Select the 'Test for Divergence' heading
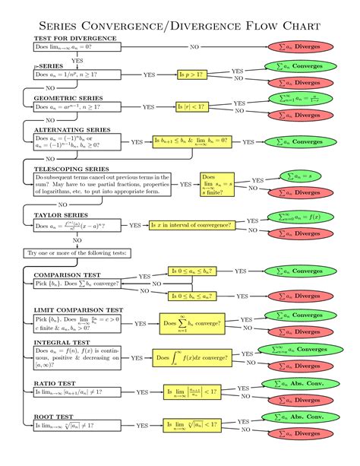pos(74,38)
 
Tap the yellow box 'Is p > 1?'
pos(192,74)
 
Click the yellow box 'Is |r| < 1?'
pos(192,106)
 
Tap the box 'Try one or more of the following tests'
pos(77,252)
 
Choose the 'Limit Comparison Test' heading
pos(78,310)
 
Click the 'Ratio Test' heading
pos(55,383)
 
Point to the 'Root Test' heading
pos(53,417)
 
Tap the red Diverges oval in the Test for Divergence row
pos(298,46)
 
